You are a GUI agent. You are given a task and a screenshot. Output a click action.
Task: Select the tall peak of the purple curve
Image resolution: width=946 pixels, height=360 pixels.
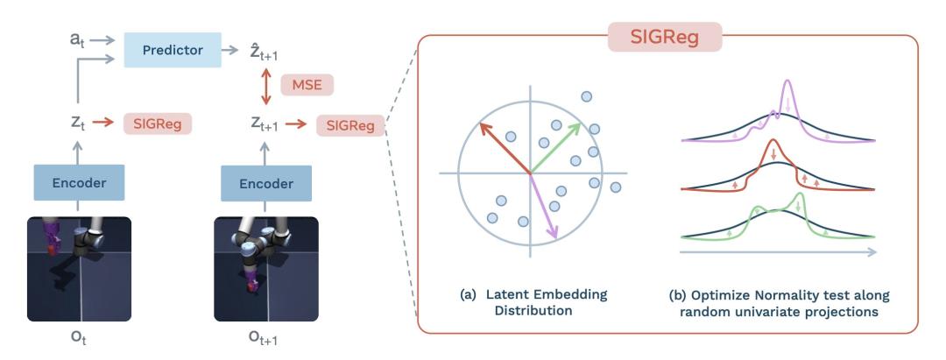(787, 85)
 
